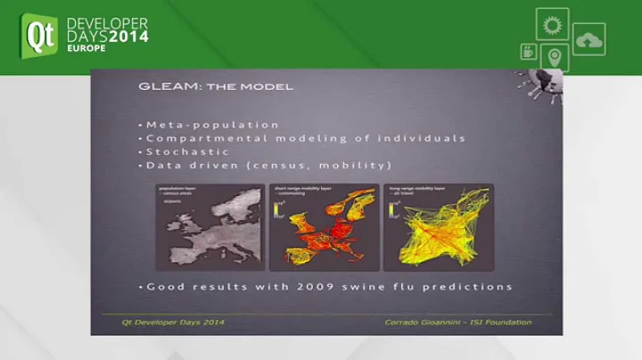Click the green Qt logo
tap(39, 36)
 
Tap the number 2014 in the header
tap(128, 37)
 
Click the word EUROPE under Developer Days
tap(86, 48)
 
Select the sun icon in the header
tap(552, 23)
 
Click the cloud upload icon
tap(588, 39)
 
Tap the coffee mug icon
tap(528, 51)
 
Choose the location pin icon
tap(554, 57)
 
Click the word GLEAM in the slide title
tap(162, 86)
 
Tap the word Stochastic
tap(187, 151)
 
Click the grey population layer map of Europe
tap(210, 227)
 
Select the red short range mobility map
tap(324, 227)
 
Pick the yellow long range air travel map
tap(438, 227)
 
